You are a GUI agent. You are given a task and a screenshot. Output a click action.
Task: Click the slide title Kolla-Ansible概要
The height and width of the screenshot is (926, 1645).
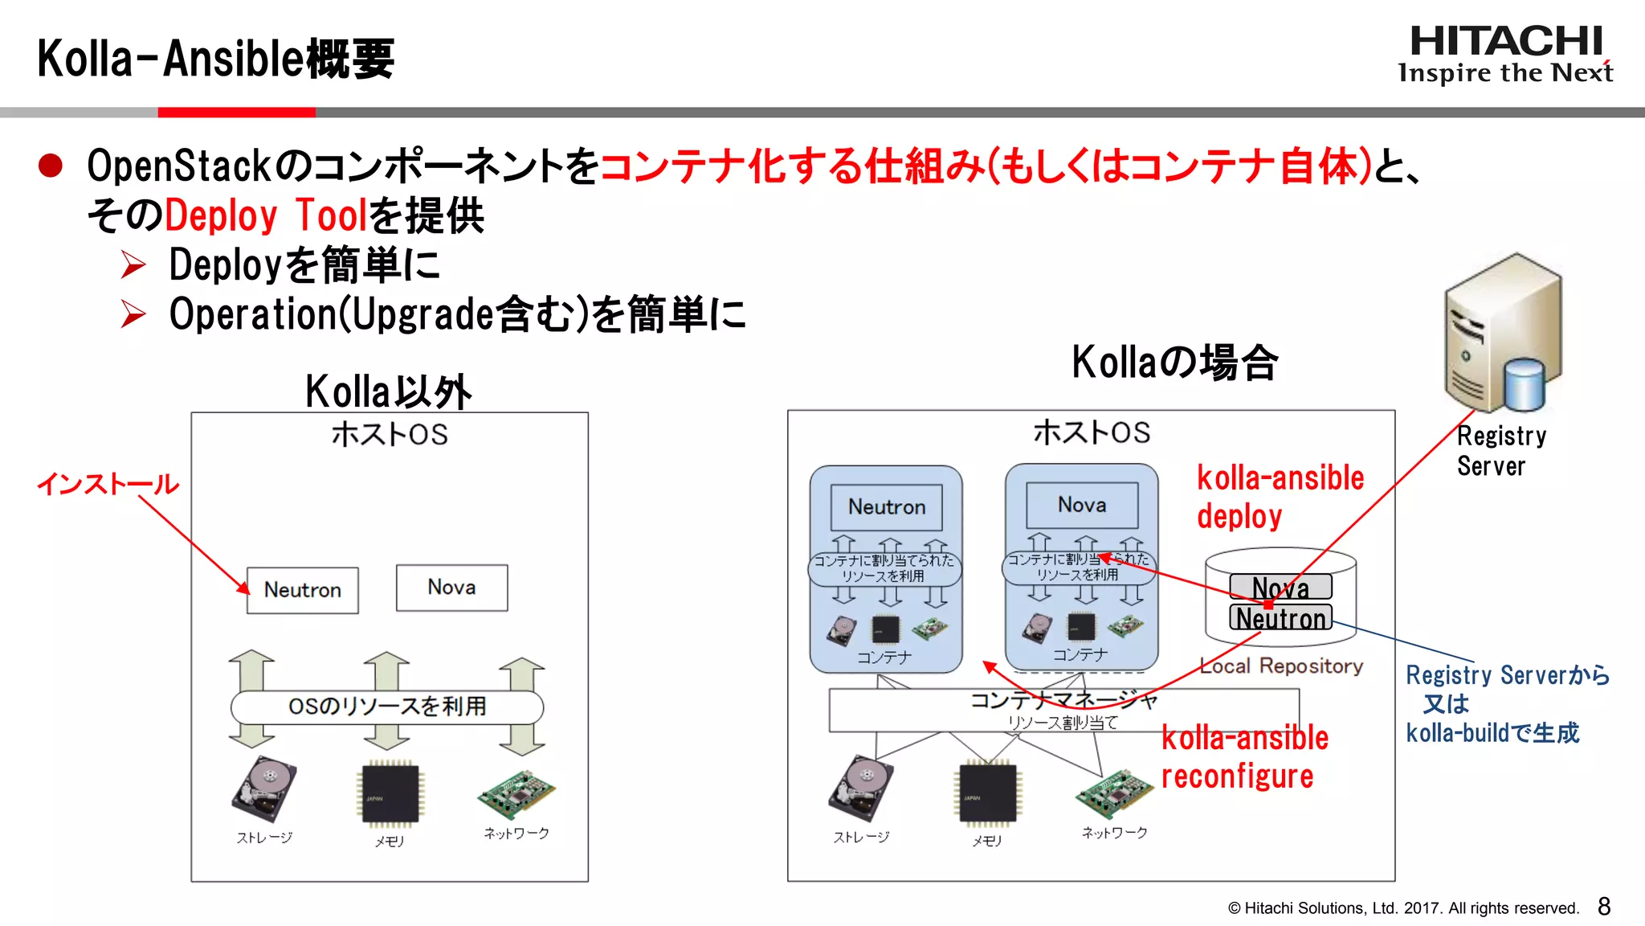215,59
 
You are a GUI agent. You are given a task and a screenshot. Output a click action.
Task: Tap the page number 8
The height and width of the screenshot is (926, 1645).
1604,907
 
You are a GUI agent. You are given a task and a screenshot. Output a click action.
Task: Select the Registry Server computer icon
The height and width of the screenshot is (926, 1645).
1501,334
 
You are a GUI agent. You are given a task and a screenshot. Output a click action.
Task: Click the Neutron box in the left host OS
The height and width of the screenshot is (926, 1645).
302,590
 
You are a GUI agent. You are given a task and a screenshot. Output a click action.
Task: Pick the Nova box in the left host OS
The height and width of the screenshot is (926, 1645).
451,588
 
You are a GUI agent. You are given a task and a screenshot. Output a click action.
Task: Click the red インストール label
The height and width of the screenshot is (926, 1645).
108,484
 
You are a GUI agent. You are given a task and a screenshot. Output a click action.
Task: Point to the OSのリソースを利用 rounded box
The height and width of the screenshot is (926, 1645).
387,707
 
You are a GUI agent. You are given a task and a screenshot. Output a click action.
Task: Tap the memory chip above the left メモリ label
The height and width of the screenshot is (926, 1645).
390,794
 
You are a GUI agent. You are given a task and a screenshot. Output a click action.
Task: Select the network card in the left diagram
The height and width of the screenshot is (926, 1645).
516,794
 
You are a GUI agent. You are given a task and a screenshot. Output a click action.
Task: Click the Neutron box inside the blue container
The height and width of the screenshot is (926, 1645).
887,507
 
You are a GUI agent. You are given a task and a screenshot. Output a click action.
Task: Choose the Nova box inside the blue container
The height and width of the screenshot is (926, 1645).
1082,505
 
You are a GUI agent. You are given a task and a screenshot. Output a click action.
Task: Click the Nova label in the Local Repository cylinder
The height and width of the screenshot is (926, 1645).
1280,587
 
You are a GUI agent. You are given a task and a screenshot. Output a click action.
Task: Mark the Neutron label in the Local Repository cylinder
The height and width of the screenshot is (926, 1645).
1280,618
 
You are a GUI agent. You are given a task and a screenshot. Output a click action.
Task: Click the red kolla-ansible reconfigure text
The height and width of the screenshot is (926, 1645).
1244,757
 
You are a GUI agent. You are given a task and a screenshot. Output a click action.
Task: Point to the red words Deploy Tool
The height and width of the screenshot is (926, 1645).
266,215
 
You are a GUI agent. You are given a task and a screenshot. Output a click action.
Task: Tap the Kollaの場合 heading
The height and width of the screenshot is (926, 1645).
1174,363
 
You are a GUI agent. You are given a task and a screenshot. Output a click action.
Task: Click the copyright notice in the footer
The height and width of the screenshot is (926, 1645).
1403,908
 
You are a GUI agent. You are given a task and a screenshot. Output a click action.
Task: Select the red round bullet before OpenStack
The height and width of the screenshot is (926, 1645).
51,166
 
